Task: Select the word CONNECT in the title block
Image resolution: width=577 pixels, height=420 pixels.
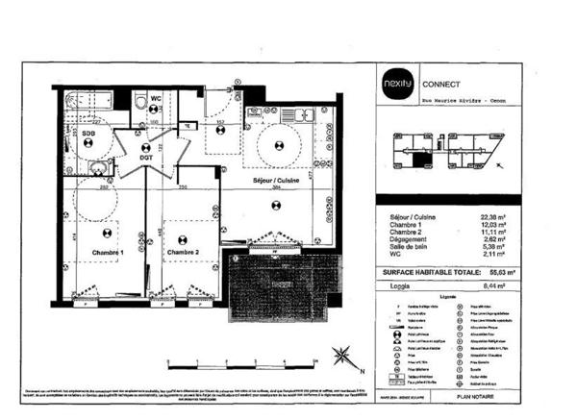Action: click(441, 82)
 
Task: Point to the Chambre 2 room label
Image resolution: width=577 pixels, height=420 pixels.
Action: click(182, 252)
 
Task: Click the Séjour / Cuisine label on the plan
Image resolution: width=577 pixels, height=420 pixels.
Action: click(277, 181)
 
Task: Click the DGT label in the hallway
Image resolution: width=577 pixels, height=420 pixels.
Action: click(146, 158)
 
